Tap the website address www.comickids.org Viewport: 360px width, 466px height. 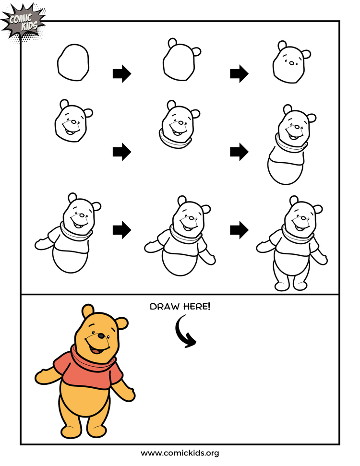180,453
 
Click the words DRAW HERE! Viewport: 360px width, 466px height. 180,306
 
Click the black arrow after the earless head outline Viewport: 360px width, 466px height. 121,74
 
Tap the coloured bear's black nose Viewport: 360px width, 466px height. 102,335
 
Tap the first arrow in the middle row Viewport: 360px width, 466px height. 121,152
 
